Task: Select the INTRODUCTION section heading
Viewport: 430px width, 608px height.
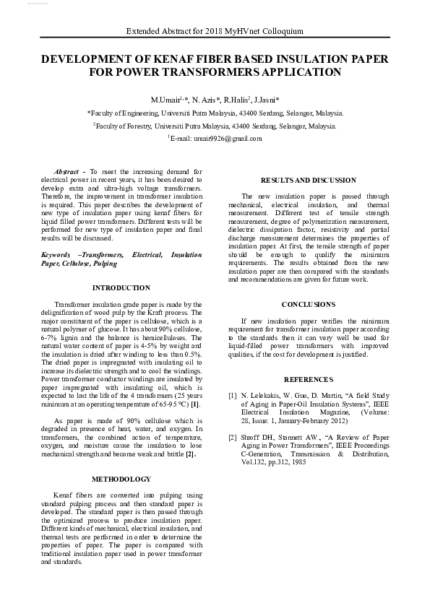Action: pos(121,287)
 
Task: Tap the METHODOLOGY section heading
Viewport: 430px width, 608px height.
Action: pos(121,479)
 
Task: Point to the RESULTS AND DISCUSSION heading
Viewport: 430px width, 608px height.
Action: pos(308,180)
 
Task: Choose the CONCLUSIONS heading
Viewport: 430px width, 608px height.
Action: pos(308,305)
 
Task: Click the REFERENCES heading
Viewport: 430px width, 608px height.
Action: pos(308,379)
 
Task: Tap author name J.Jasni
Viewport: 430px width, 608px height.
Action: pos(268,98)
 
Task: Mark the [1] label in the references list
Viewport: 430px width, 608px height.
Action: pos(233,396)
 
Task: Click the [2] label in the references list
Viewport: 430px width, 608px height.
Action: pos(233,437)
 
